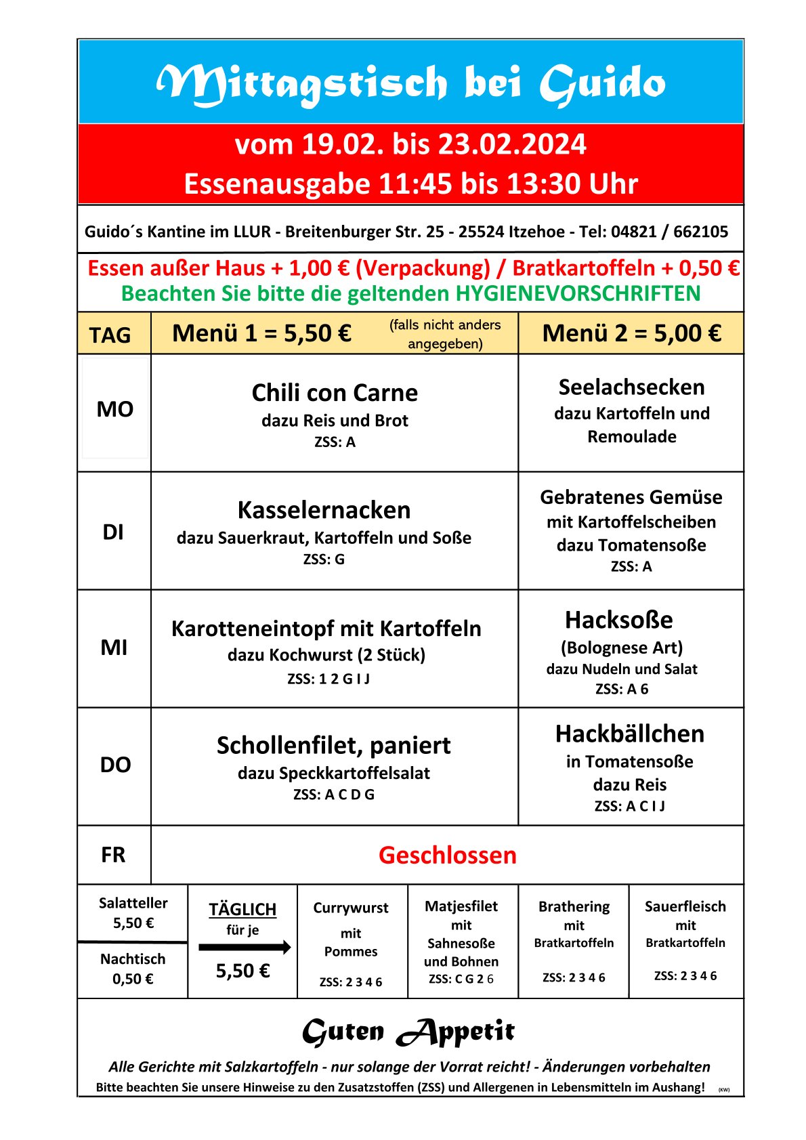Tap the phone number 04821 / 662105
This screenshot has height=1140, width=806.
(669, 232)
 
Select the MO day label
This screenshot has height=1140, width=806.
(114, 409)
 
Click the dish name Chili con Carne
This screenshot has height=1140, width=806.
(335, 393)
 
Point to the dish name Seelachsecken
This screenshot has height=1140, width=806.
(631, 387)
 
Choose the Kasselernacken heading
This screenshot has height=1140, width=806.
(324, 510)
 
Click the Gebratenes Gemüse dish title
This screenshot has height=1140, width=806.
(631, 497)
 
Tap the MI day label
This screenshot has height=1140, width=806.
(114, 648)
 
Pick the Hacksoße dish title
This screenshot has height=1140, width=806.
(619, 620)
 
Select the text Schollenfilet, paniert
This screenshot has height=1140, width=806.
(333, 745)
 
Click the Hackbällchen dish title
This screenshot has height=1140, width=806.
(630, 734)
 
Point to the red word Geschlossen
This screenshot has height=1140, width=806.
(447, 855)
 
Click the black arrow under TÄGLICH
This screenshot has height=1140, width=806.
(245, 947)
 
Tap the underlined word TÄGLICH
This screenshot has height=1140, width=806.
(242, 909)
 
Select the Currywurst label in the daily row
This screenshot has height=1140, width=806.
(351, 908)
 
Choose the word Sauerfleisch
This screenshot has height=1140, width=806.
(685, 906)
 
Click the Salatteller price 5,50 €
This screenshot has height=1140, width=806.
(133, 923)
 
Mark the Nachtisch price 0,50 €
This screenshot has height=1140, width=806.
(133, 979)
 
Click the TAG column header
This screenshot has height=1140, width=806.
(110, 335)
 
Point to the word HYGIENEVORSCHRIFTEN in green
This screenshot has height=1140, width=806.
(578, 293)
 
